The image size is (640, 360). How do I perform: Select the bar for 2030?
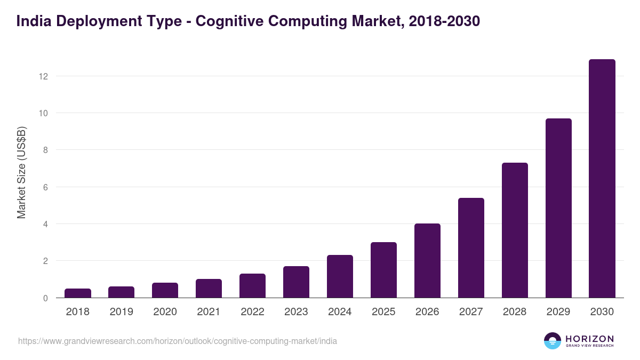[602, 179]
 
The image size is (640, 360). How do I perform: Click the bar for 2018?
[78, 293]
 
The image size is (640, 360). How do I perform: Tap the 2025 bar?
[384, 270]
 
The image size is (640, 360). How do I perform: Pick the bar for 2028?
[515, 230]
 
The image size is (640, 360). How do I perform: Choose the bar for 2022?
[252, 286]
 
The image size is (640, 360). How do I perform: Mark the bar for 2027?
[471, 248]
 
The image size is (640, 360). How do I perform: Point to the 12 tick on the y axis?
[43, 76]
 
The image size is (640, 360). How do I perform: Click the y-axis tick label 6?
[45, 187]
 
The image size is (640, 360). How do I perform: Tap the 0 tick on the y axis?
[45, 298]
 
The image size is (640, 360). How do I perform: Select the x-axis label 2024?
[340, 312]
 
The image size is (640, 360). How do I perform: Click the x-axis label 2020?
[165, 312]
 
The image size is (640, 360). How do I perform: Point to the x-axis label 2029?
[558, 312]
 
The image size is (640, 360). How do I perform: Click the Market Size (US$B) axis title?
[21, 172]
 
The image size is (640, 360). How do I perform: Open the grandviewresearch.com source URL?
[178, 341]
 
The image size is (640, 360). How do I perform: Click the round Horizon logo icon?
[553, 341]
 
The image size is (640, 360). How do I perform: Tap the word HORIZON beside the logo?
[589, 338]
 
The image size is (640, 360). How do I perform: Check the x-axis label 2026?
[427, 312]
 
